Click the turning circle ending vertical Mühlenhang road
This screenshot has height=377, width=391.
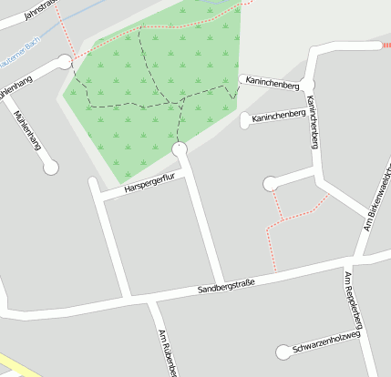(51, 167)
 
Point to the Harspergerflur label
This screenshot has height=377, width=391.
(149, 185)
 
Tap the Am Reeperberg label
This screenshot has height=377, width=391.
(354, 300)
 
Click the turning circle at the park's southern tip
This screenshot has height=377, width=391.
(179, 148)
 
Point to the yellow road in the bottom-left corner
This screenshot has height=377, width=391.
(11, 364)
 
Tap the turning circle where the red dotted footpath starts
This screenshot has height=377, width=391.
(270, 185)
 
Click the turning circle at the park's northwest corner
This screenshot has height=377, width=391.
(64, 62)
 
